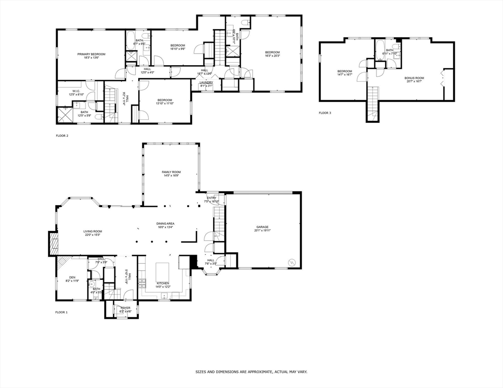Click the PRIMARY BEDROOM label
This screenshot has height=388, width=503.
pos(91,54)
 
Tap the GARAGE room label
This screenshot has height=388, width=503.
pos(262,227)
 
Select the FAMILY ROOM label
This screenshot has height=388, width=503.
pos(171,172)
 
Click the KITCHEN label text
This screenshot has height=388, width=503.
pos(162,283)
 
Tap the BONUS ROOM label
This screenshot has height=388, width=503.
pos(413,78)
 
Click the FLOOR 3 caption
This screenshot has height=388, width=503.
pos(325,113)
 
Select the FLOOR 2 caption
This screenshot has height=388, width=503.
pos(62,136)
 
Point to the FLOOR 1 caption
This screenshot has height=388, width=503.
pos(61,312)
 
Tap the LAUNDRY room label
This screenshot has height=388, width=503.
pos(206,82)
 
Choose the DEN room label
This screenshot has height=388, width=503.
pos(72,277)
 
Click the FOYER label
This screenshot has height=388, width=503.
pos(125,308)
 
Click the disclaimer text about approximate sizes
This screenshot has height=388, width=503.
pos(252,371)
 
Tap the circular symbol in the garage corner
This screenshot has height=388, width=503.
pos(291,262)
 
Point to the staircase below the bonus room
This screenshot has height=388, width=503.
pos(372,103)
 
